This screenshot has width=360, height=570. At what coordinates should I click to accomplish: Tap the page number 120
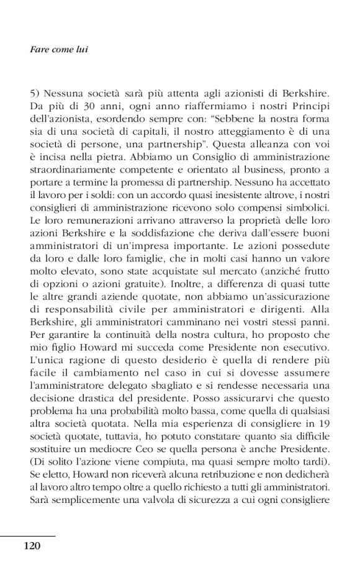(32, 546)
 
